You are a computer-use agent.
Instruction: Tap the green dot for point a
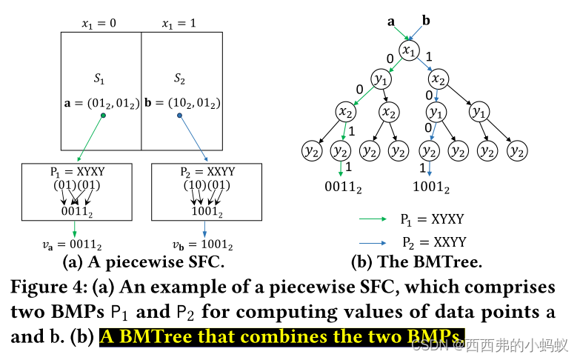coord(103,116)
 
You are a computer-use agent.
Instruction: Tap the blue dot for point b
coord(179,116)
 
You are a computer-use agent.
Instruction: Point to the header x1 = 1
coord(181,23)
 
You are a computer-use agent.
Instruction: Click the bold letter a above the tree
coord(390,21)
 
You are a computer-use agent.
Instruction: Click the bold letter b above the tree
coord(425,20)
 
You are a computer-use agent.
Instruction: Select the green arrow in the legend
coord(373,219)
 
